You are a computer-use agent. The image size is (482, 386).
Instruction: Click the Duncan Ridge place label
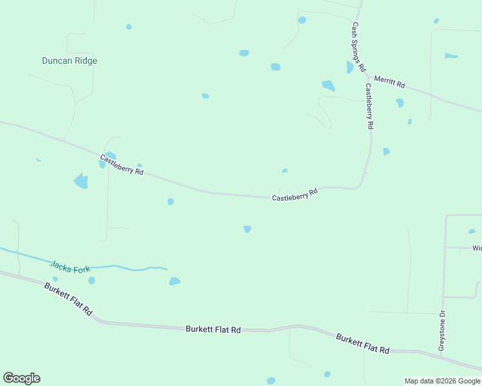tap(70, 61)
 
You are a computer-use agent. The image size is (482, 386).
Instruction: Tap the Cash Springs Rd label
tap(358, 47)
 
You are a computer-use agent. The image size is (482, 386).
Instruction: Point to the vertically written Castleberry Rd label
tap(369, 107)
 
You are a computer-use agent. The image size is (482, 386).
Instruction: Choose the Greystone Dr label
tap(442, 331)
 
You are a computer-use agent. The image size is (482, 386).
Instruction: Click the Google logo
tap(21, 378)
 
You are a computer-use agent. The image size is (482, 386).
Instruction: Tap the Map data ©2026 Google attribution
tap(443, 381)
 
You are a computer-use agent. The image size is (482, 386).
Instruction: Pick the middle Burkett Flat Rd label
tap(213, 329)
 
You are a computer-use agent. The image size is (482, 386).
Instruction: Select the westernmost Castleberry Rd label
tap(121, 165)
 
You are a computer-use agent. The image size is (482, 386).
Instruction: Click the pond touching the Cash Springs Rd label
tap(350, 67)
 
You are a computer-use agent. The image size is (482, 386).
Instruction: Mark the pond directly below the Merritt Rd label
tap(400, 102)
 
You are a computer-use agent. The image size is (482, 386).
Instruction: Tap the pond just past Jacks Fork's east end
tap(175, 281)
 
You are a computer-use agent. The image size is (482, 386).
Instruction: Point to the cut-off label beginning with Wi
tap(477, 248)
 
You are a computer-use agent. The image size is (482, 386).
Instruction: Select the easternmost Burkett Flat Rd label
tap(363, 344)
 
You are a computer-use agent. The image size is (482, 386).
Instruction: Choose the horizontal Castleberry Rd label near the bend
tap(295, 194)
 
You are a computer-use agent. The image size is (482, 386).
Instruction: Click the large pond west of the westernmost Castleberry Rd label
tap(81, 181)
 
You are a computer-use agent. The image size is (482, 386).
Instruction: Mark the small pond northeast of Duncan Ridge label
tap(129, 27)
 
